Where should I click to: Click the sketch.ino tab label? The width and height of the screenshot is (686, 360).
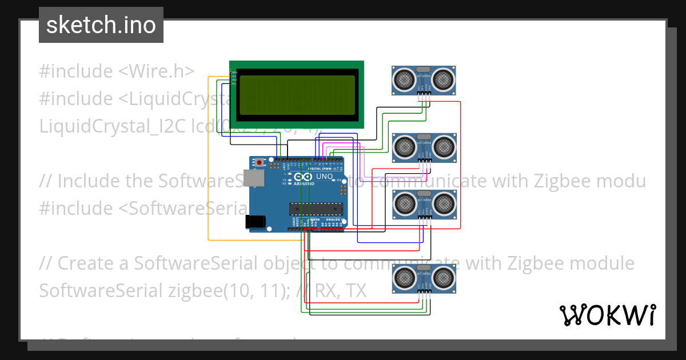(101, 25)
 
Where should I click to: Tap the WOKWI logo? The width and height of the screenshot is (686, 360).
(607, 315)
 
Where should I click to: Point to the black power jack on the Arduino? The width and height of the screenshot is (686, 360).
(255, 222)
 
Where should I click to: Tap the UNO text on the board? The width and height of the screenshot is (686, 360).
(324, 177)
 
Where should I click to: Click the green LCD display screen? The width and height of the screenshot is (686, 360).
(297, 94)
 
